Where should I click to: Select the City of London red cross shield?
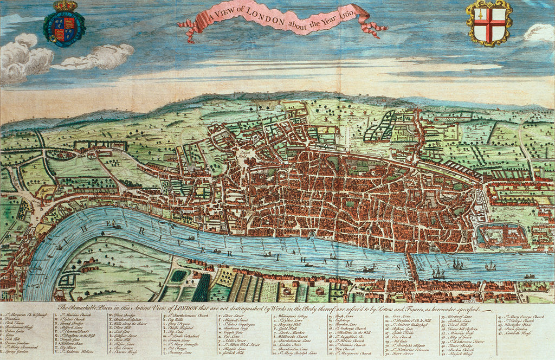point(489,24)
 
